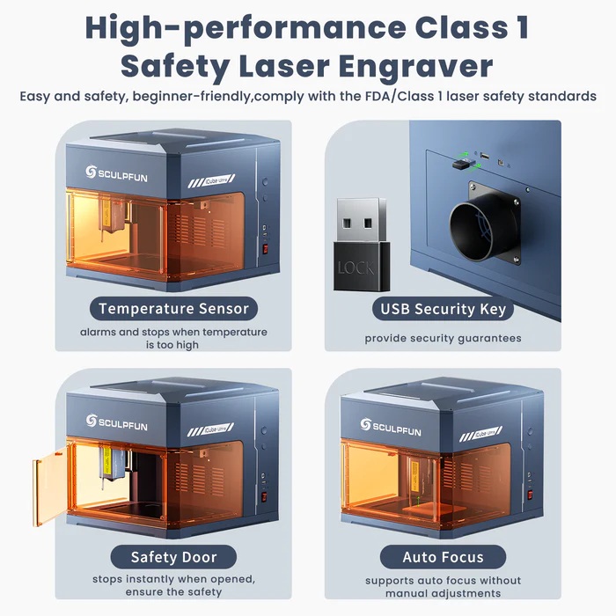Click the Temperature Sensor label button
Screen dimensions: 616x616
pos(174,309)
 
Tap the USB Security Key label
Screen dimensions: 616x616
pos(443,309)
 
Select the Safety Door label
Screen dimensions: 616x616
pos(173,557)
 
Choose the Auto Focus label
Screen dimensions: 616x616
pos(443,557)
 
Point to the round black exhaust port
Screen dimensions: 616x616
pos(483,231)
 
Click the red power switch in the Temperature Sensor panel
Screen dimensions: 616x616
pos(265,248)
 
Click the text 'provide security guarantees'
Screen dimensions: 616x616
pos(443,338)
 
